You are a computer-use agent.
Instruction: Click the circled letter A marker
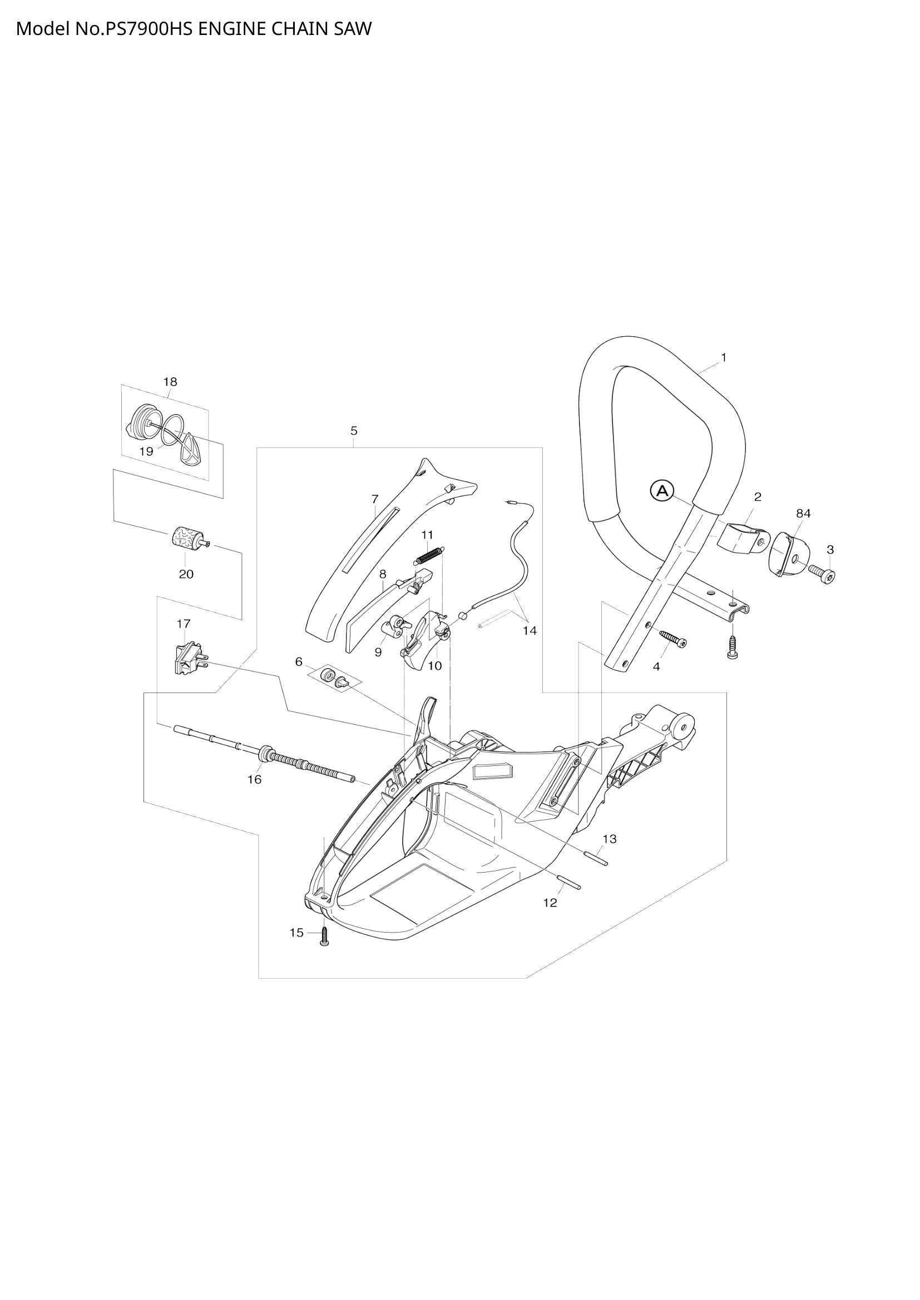pos(661,491)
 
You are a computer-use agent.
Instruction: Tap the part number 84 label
pos(803,514)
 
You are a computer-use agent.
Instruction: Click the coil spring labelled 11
pos(431,554)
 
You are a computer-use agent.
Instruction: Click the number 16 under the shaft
pos(254,780)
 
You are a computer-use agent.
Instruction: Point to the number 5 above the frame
pos(354,431)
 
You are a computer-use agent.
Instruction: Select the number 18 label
pos(171,382)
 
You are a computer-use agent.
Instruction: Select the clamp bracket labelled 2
pos(739,538)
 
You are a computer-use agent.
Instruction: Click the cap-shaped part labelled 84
pos(788,553)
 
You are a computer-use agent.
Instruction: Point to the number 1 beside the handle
pos(724,357)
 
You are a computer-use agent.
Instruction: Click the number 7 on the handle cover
pos(375,499)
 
